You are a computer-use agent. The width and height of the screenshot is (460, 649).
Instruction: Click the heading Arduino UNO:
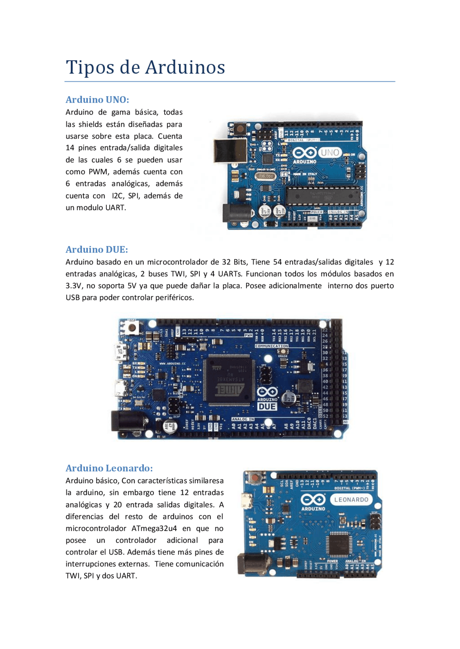[x=97, y=100]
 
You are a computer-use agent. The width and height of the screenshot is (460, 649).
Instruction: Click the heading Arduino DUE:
[x=97, y=250]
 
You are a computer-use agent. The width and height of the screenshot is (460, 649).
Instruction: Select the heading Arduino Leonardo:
[x=109, y=468]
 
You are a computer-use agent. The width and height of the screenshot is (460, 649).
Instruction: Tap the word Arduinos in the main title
[x=185, y=67]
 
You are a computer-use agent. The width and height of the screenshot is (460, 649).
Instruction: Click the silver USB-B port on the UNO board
[x=230, y=150]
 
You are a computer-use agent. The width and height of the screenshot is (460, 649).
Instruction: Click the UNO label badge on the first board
[x=330, y=153]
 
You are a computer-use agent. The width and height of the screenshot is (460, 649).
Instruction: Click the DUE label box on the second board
[x=267, y=406]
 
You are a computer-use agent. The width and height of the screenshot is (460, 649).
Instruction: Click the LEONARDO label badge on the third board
[x=351, y=500]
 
